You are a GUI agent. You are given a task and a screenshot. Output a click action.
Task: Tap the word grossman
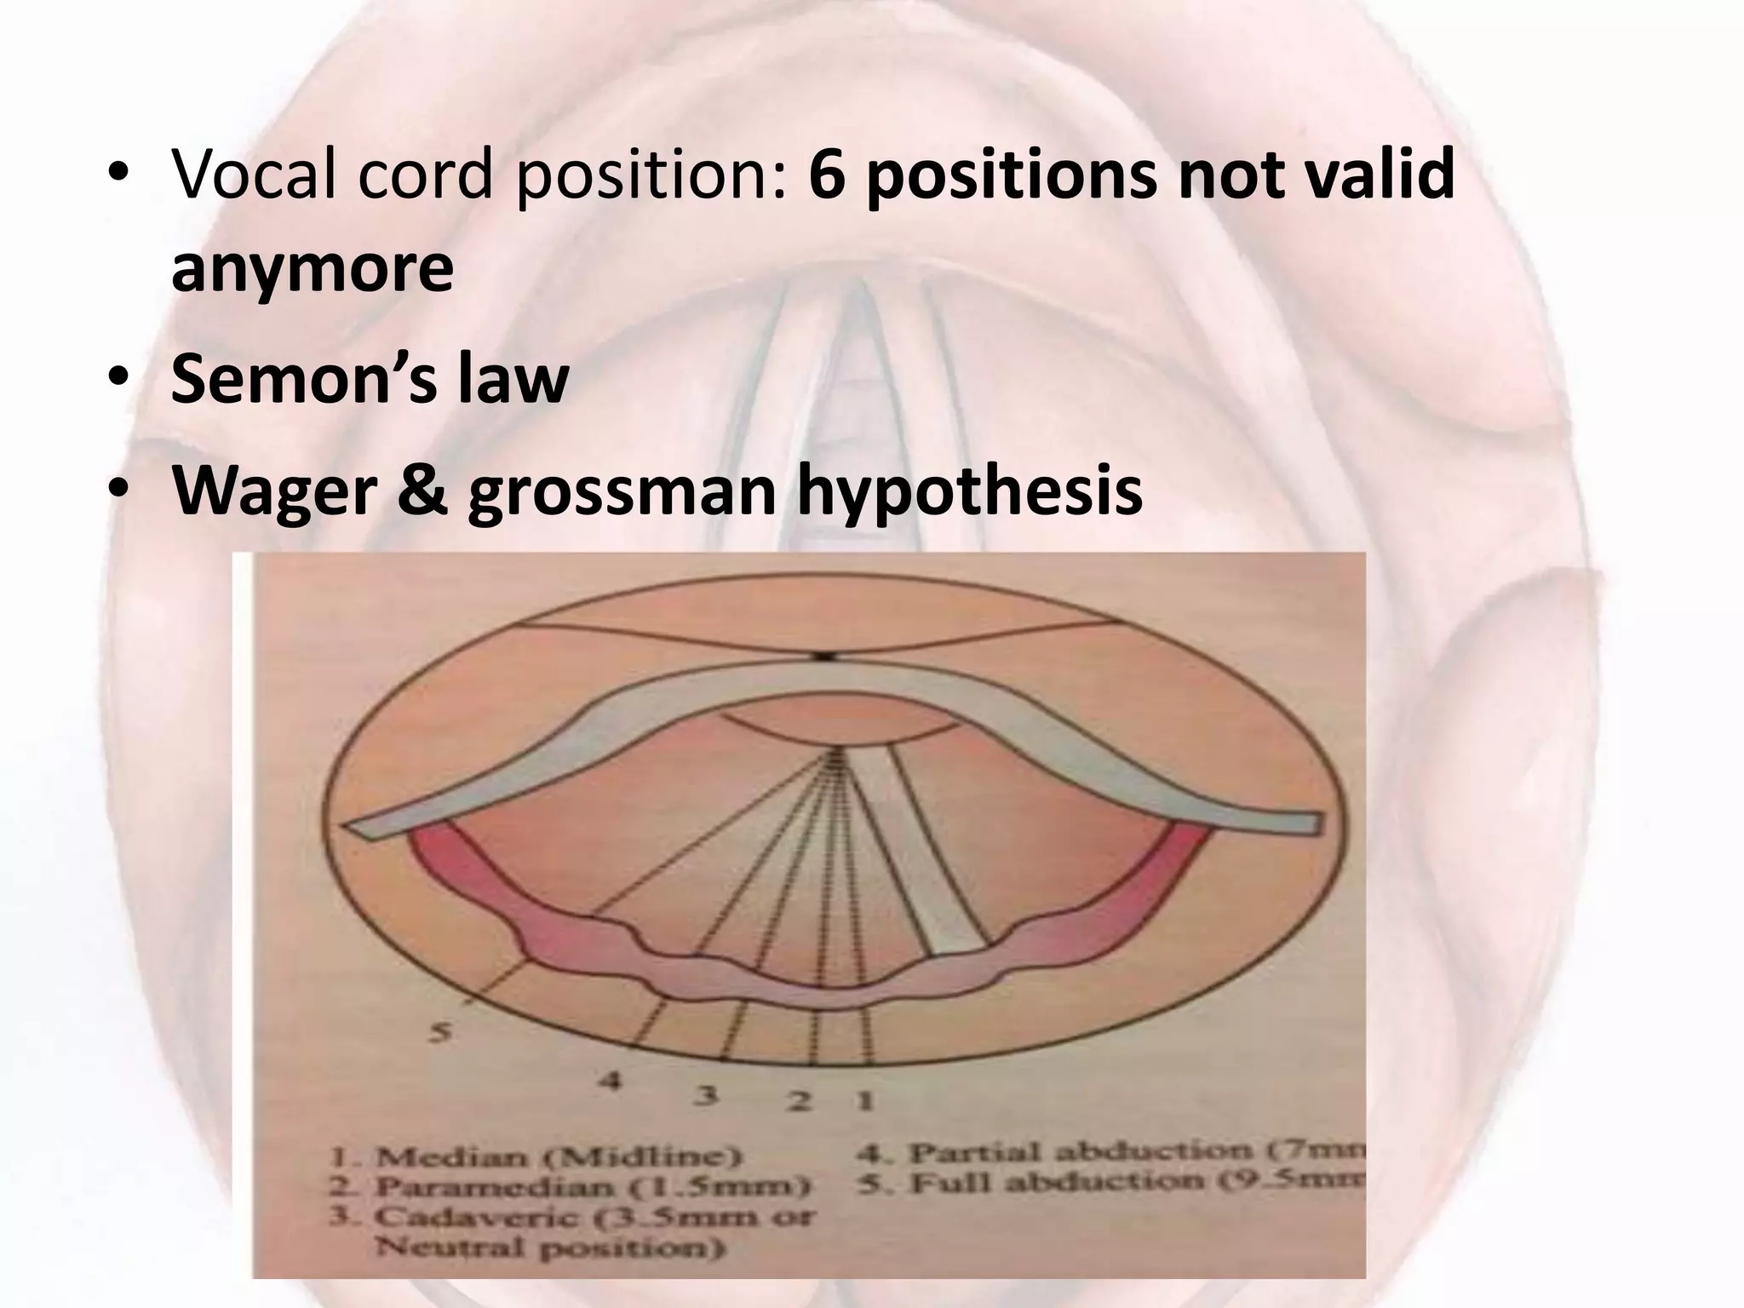(x=622, y=491)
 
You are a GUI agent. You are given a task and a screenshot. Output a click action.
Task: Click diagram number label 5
(x=439, y=1032)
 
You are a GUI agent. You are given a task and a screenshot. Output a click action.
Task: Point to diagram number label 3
(x=705, y=1095)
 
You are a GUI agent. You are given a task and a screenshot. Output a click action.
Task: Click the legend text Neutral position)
(x=551, y=1248)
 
